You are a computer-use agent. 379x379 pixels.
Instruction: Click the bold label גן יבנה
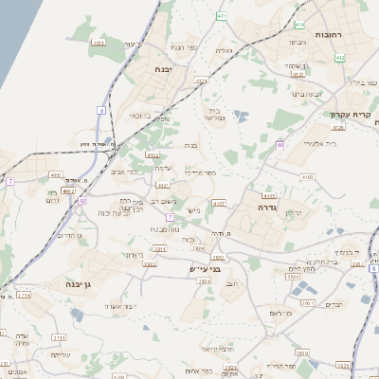72,283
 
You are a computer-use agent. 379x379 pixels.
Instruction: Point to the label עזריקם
60,354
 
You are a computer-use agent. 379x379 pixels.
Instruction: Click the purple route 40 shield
280,144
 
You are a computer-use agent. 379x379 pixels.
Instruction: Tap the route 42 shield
83,201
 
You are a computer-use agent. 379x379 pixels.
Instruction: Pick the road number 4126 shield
298,73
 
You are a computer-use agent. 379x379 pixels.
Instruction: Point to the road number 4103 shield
269,195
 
